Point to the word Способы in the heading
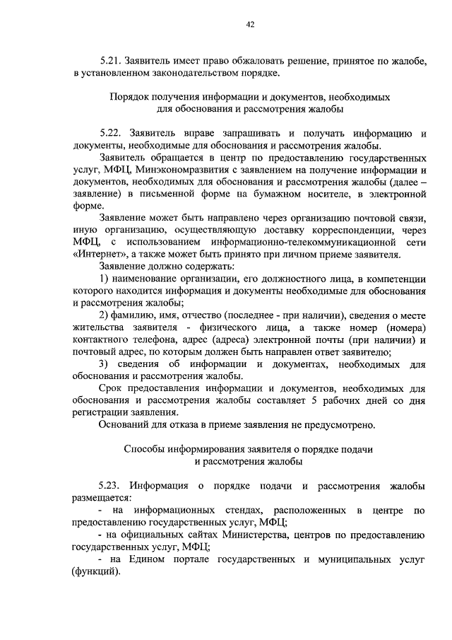coord(145,449)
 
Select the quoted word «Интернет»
coord(96,255)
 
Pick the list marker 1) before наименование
coord(105,279)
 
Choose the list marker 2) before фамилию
coord(105,315)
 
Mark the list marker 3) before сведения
coord(105,364)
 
